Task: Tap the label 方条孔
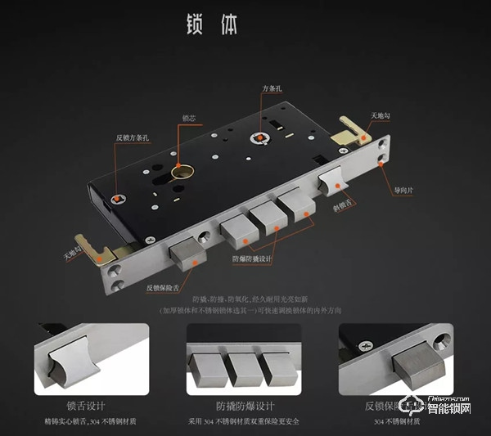point(273,88)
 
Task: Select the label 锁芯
point(188,118)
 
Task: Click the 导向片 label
point(405,191)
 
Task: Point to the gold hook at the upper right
point(354,128)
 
